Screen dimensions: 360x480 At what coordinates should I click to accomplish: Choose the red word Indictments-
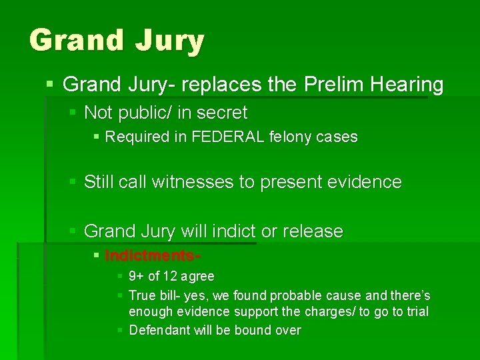[153, 256]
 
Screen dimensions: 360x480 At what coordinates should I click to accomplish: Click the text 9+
[136, 277]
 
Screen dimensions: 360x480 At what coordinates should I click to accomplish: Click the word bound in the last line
[253, 330]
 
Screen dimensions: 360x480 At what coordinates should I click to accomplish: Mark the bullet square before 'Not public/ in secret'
[73, 113]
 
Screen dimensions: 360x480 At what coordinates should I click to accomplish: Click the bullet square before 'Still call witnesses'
[73, 182]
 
